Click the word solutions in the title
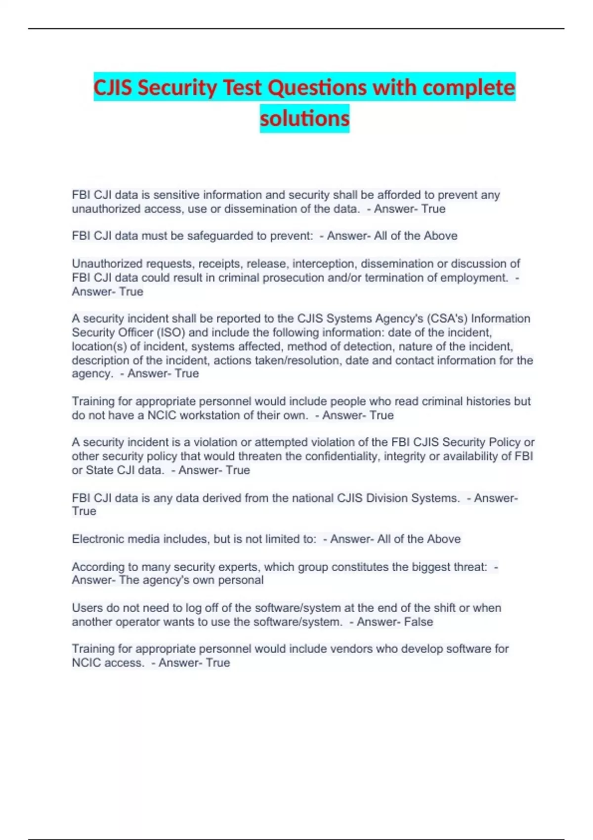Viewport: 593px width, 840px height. coord(304,119)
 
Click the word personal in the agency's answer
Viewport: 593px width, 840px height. coord(241,580)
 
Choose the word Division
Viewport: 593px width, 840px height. coord(388,498)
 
